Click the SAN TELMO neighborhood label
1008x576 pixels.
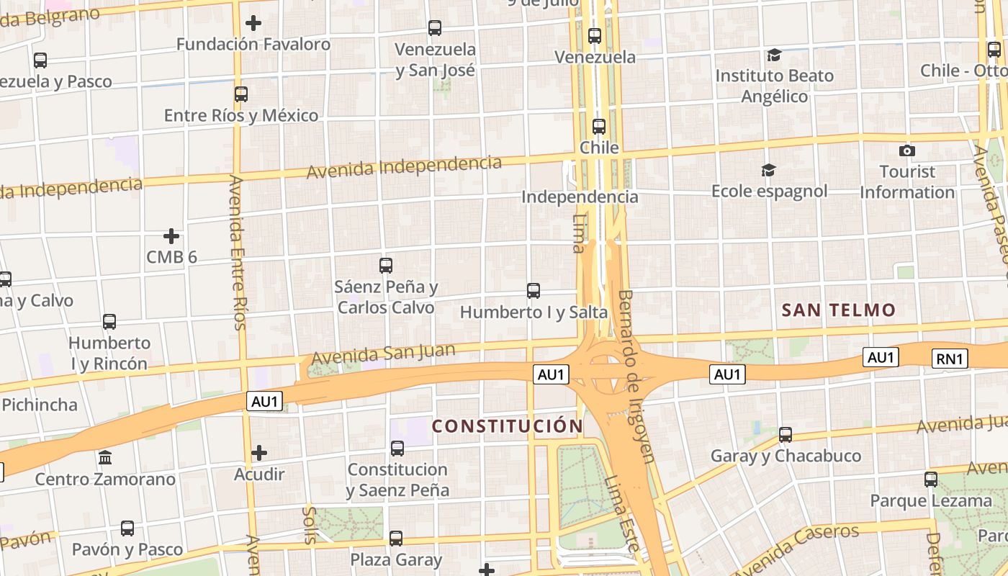click(838, 310)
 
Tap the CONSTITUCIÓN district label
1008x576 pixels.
click(507, 426)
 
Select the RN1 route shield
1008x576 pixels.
click(950, 359)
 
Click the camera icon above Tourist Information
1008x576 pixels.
click(907, 150)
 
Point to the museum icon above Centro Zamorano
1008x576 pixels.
click(105, 457)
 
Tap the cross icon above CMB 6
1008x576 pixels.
click(171, 236)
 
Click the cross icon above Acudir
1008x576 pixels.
click(259, 453)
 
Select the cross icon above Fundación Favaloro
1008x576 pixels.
click(253, 23)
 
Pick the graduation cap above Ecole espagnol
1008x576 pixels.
click(769, 171)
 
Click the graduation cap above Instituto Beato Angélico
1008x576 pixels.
click(774, 55)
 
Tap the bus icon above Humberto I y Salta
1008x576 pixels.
click(534, 291)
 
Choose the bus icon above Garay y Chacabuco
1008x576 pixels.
click(786, 435)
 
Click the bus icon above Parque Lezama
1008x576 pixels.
click(931, 480)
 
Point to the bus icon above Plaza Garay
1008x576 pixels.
click(396, 539)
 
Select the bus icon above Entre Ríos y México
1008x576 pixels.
click(241, 94)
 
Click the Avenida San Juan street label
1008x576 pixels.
click(383, 354)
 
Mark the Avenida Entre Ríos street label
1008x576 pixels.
click(238, 252)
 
